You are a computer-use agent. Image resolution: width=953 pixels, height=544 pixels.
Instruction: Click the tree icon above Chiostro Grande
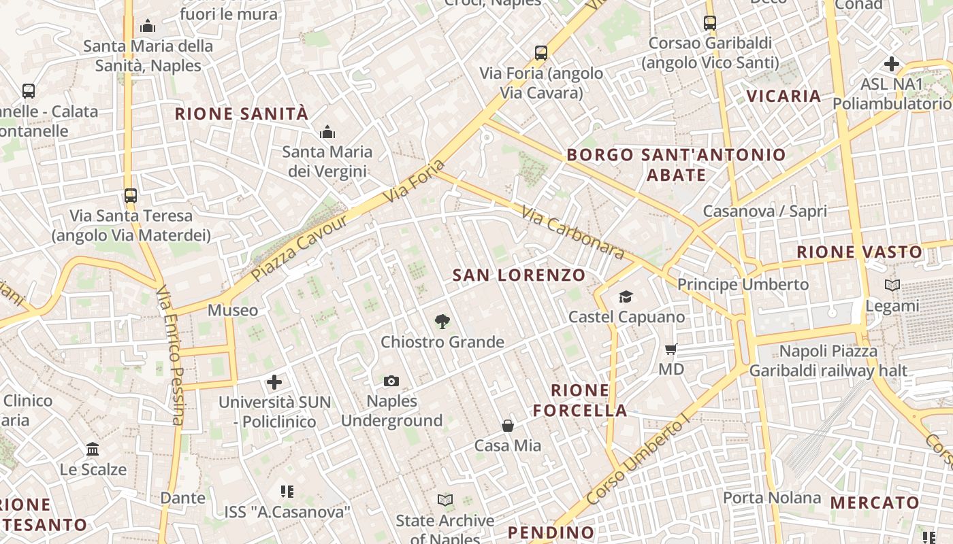442,321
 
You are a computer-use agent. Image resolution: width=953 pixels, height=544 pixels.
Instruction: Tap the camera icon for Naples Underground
391,381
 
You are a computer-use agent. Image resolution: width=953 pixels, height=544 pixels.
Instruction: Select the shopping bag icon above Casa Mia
508,426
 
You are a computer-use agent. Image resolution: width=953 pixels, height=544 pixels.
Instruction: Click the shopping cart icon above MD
671,350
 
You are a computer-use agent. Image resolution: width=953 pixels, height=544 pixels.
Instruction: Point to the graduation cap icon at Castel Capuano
626,296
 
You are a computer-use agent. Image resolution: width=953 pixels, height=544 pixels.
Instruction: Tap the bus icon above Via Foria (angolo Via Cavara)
541,52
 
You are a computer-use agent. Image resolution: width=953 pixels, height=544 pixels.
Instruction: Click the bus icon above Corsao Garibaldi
710,22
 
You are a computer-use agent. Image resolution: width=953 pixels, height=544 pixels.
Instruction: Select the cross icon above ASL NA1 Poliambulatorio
892,64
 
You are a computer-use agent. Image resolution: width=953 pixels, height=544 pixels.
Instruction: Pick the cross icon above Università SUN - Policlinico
274,382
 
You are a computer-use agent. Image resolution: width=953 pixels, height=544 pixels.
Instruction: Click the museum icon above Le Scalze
93,449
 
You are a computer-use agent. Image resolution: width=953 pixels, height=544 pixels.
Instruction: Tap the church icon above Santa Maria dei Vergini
327,131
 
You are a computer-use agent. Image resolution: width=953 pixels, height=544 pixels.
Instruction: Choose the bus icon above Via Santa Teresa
131,196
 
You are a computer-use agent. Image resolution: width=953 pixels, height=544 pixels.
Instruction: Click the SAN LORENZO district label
519,275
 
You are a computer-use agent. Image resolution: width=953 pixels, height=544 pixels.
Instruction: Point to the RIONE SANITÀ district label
242,114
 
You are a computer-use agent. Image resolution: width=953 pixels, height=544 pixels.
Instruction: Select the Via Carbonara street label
572,233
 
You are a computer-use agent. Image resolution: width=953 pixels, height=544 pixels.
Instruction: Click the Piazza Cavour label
300,248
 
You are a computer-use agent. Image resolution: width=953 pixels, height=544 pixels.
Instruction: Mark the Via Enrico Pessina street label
170,355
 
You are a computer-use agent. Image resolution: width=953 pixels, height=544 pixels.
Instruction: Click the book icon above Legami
892,286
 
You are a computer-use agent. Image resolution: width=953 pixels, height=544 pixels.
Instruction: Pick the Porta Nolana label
772,498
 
